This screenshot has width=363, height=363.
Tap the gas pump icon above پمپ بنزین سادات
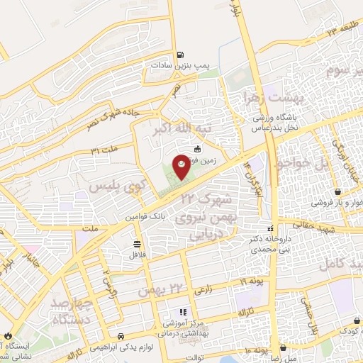click(x=181, y=54)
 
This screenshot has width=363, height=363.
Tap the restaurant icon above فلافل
click(x=135, y=243)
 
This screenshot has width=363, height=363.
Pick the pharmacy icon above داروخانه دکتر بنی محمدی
click(x=270, y=228)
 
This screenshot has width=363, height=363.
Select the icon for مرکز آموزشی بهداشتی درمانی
click(x=182, y=311)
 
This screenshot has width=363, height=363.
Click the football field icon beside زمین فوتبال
click(x=196, y=150)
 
